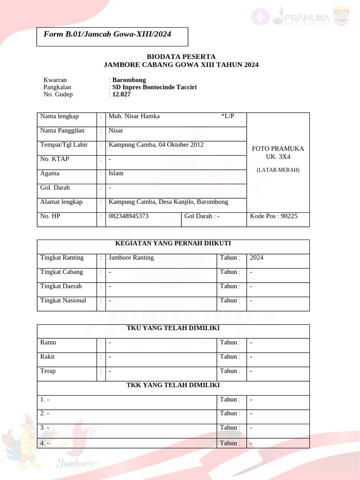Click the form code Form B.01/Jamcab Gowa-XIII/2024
tap(107, 34)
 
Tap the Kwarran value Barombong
tap(129, 80)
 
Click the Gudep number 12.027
tap(121, 94)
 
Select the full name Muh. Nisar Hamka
tap(134, 116)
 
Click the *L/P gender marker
tap(227, 116)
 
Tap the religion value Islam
tap(116, 173)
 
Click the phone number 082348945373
tap(128, 216)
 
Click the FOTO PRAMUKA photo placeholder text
tap(278, 149)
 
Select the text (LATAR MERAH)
tap(278, 170)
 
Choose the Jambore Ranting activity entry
tap(131, 258)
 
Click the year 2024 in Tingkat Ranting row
tap(257, 258)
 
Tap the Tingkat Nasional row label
tap(63, 300)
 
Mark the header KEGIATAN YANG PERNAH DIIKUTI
tap(173, 243)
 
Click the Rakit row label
tap(48, 357)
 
